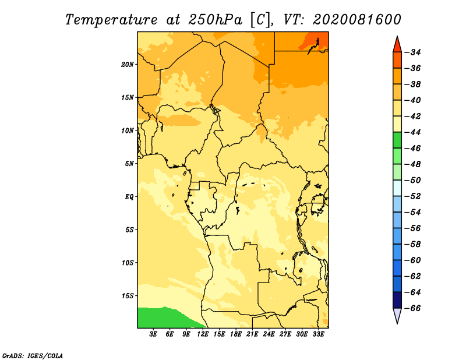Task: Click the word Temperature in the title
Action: point(111,20)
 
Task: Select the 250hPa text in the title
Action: point(216,20)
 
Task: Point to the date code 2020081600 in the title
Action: point(357,20)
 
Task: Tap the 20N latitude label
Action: point(128,65)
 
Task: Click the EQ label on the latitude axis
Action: point(129,197)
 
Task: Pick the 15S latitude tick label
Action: point(128,296)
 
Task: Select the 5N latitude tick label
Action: point(129,164)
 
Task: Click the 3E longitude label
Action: point(153,334)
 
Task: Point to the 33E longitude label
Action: point(318,334)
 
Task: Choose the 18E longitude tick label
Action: point(236,334)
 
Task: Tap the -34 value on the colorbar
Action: point(413,52)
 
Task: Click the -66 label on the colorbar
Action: point(413,308)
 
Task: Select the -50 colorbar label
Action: point(413,180)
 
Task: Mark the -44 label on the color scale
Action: point(413,132)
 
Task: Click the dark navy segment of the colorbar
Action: point(397,300)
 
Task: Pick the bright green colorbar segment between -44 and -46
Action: point(397,140)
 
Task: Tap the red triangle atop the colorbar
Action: point(397,45)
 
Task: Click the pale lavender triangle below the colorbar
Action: point(397,315)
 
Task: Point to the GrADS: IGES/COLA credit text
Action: point(33,356)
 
